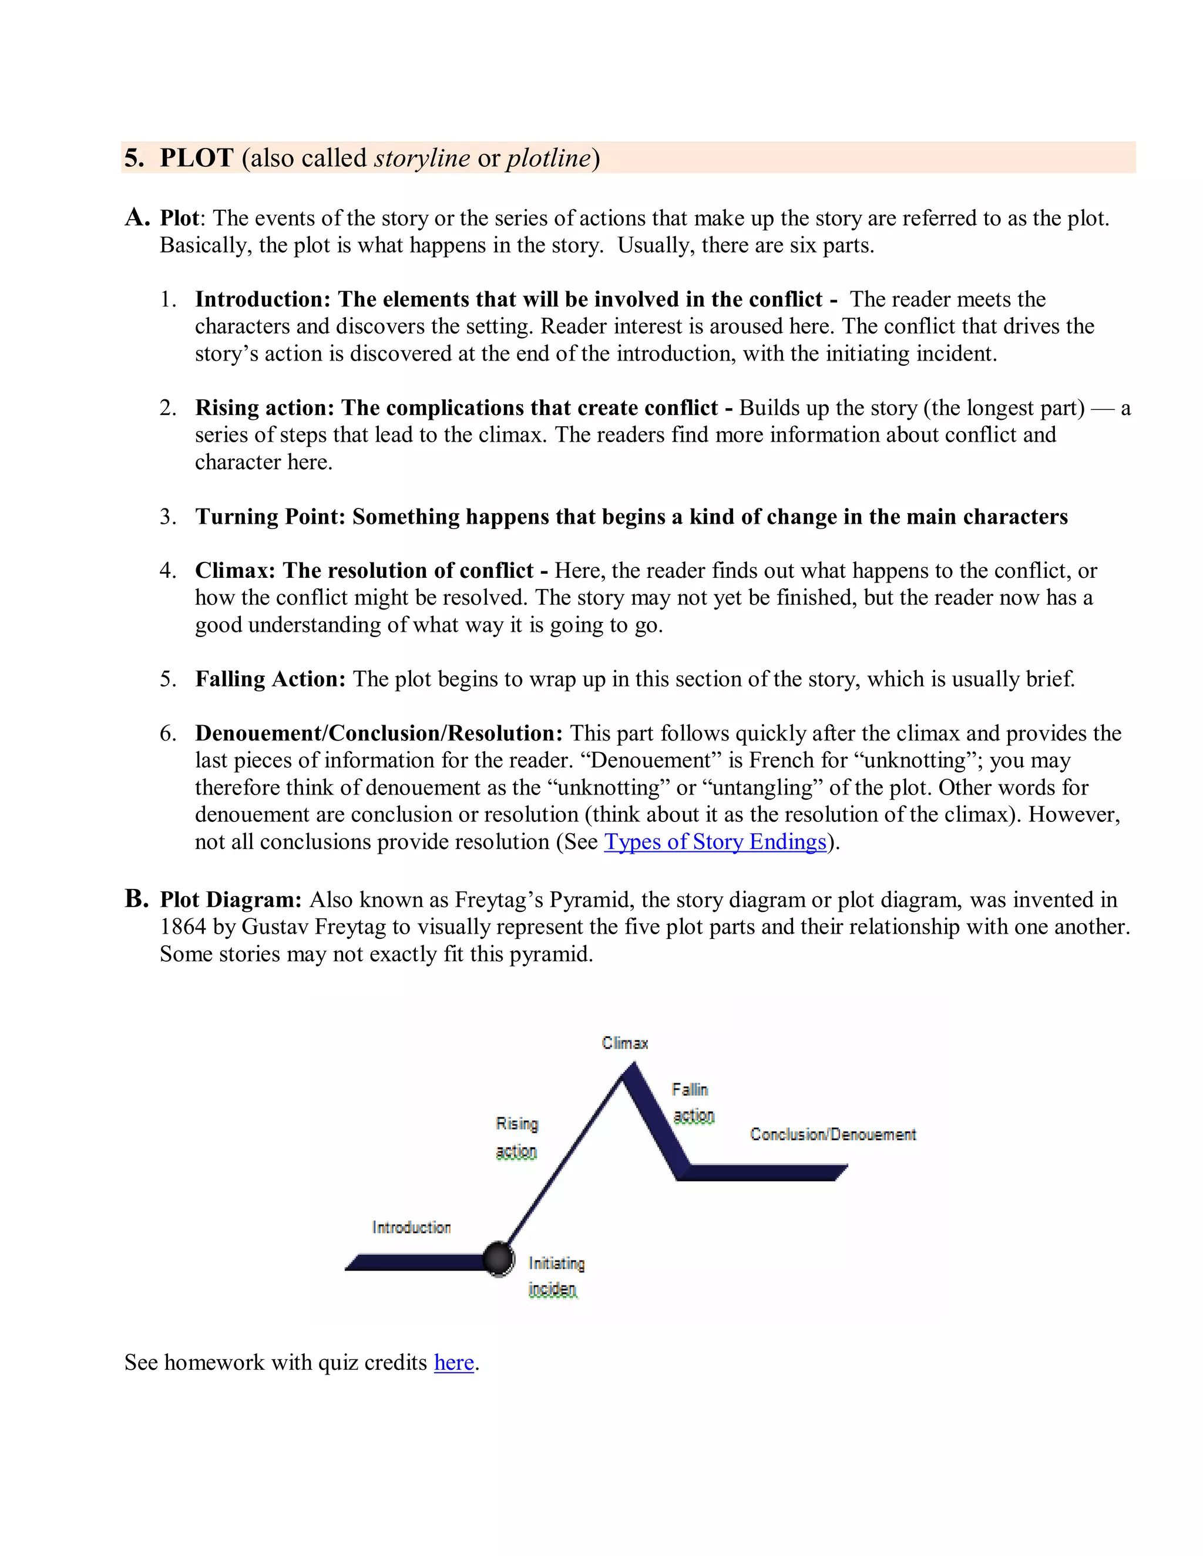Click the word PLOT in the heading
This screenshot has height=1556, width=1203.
(196, 157)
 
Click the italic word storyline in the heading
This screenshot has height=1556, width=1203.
(422, 157)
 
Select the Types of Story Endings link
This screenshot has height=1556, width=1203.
(715, 841)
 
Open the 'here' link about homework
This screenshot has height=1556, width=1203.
(454, 1362)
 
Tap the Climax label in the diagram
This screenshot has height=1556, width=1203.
(625, 1043)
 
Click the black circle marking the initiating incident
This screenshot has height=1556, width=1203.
(498, 1259)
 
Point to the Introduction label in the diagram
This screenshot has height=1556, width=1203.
(412, 1227)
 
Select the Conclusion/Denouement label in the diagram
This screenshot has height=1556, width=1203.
(832, 1134)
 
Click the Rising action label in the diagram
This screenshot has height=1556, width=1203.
(517, 1137)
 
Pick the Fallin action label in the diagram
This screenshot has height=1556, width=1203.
(691, 1102)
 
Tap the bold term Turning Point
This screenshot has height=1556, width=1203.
(270, 517)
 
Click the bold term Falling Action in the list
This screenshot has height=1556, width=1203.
(270, 679)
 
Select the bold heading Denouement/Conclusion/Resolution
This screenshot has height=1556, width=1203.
(378, 733)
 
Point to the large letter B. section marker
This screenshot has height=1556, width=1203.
(136, 898)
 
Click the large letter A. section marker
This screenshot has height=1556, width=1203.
(137, 217)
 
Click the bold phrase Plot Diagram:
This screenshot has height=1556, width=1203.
(231, 900)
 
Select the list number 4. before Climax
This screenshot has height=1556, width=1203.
(168, 571)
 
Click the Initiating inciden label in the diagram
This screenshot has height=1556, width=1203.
(556, 1276)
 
